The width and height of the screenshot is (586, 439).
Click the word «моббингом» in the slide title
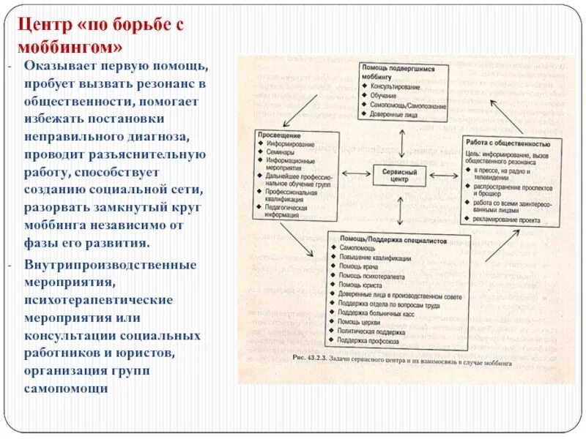click(x=70, y=48)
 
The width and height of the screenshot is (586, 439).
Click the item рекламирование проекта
click(x=506, y=220)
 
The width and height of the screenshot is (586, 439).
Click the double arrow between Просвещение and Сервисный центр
click(x=356, y=173)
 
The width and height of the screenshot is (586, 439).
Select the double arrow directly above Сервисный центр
click(x=401, y=140)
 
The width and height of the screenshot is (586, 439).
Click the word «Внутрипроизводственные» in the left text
click(x=111, y=265)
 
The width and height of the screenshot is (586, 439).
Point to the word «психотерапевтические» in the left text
click(x=98, y=300)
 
